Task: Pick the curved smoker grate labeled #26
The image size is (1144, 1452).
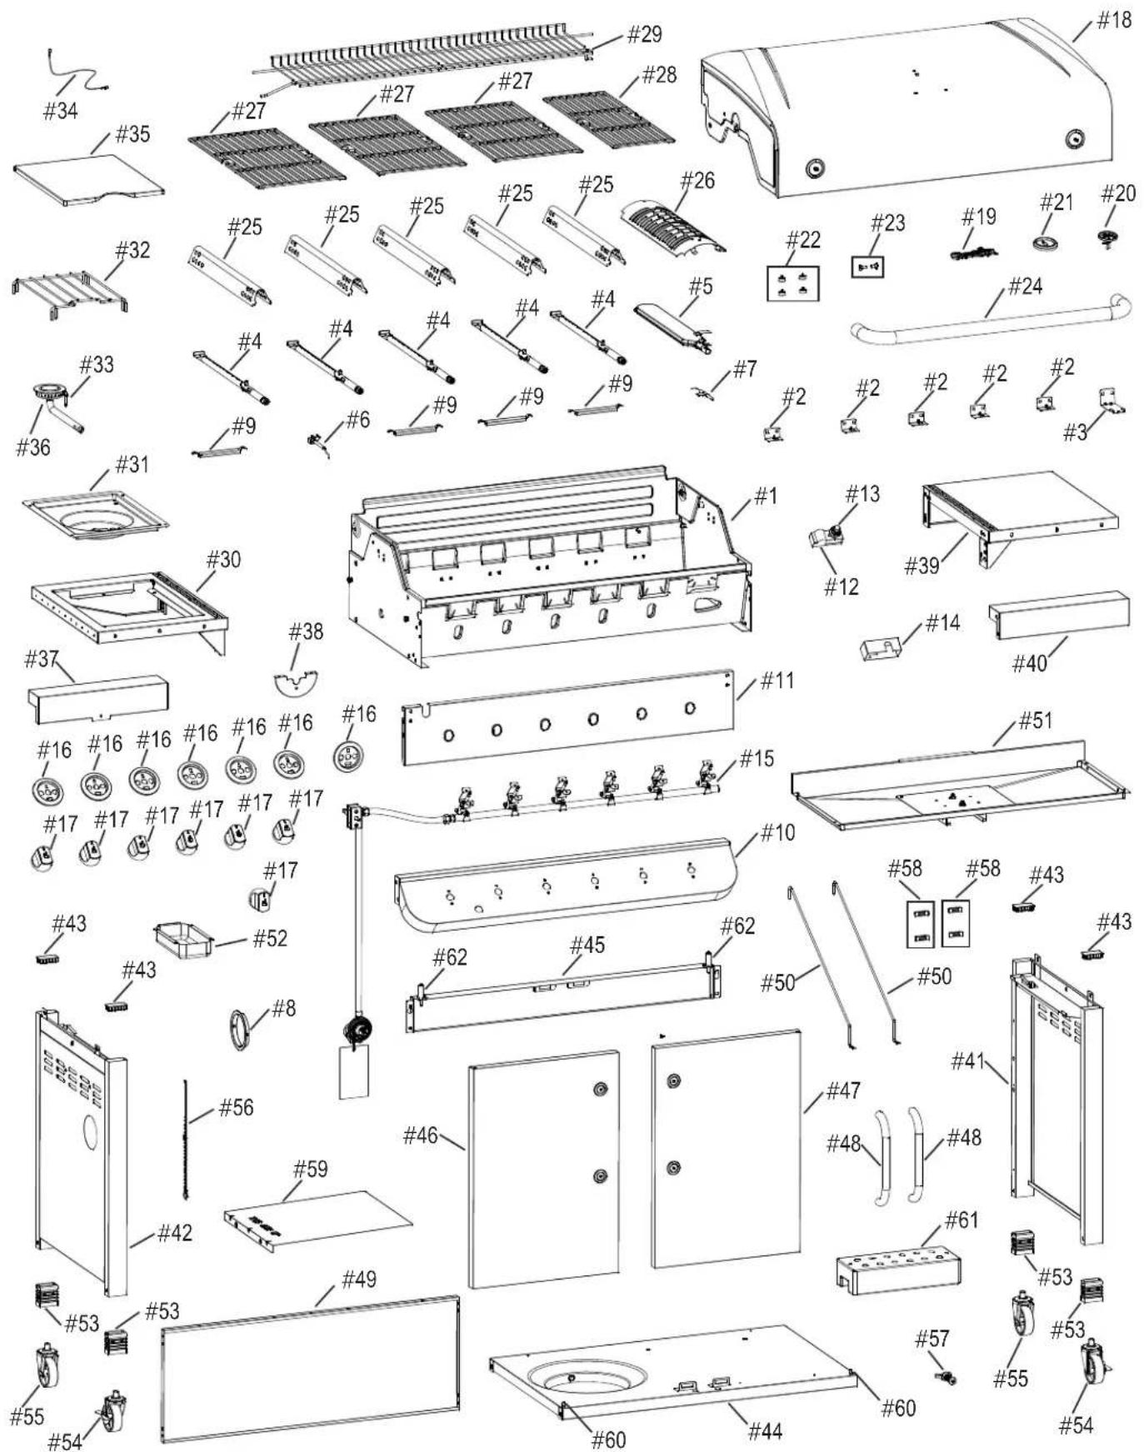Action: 672,225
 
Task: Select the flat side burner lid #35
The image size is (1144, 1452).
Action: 88,180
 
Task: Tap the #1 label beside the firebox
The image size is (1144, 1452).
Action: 765,496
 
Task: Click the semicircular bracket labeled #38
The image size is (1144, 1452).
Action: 297,681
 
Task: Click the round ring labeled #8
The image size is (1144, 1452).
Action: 241,1029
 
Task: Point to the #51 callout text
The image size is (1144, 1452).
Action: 1036,720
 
